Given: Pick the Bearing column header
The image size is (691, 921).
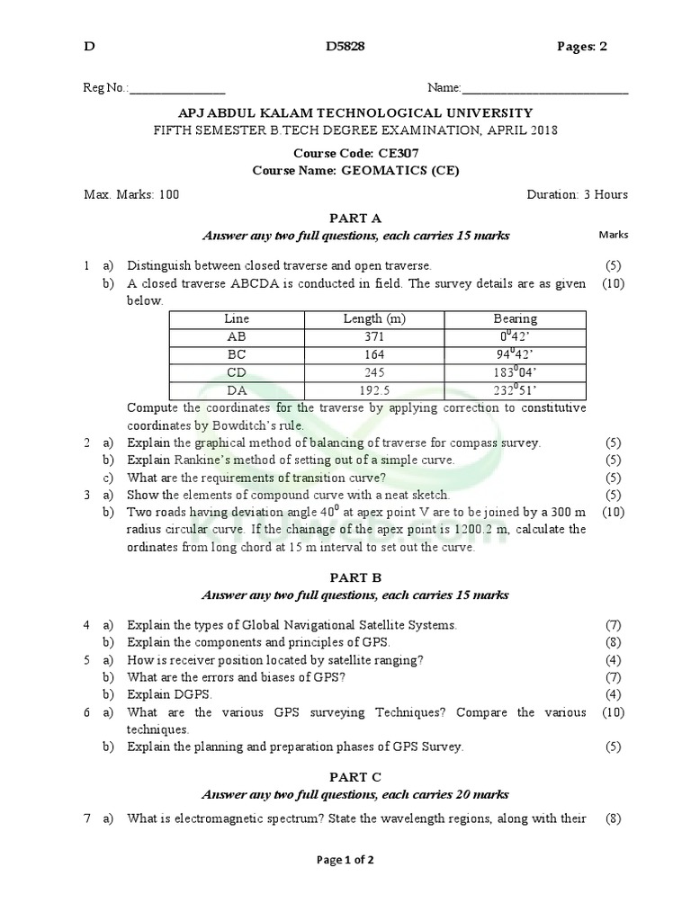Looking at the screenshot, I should pos(515,319).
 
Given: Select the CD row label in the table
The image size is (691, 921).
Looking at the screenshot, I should pos(237,372).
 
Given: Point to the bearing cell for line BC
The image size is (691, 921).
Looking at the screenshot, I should pos(515,354).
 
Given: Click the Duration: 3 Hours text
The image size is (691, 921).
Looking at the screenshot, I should pos(577,194).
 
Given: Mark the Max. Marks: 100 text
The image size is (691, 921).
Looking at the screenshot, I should pos(131,194).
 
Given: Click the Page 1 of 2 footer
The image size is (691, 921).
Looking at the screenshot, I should pos(345,860).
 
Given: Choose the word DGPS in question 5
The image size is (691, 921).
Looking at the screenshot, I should pos(190,695).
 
